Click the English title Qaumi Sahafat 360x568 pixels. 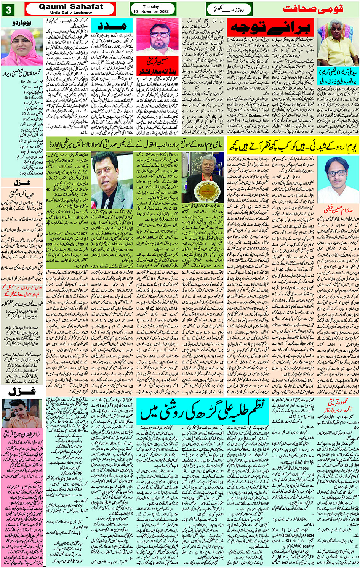pos(71,6)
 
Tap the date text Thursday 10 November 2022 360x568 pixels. pos(151,9)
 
